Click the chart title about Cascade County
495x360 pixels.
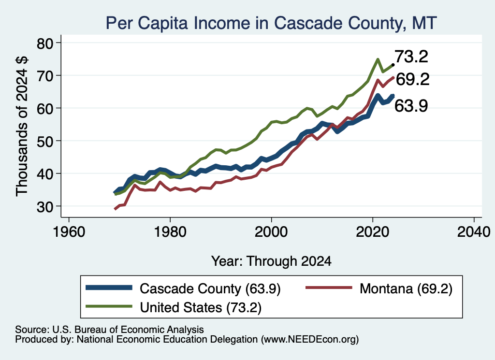[x=271, y=23]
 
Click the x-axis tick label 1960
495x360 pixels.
[x=69, y=232]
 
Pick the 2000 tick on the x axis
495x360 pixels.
[x=271, y=232]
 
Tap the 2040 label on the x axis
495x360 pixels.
[x=474, y=232]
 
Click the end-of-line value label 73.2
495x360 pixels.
[x=411, y=57]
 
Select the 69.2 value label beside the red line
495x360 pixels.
[x=413, y=79]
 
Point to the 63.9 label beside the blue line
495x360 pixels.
[x=411, y=105]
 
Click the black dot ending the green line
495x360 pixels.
[x=393, y=65]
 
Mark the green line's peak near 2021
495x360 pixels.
[x=378, y=59]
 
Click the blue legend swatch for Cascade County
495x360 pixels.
[x=109, y=288]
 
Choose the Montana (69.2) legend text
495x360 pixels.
[x=406, y=288]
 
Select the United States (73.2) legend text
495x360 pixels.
[x=201, y=307]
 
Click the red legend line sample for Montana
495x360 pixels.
[x=329, y=288]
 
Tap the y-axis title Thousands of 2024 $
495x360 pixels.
[x=22, y=126]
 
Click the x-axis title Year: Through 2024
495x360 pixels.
[x=271, y=261]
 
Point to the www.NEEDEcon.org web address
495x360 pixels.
[x=310, y=340]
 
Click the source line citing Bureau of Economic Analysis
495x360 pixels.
[x=109, y=330]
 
